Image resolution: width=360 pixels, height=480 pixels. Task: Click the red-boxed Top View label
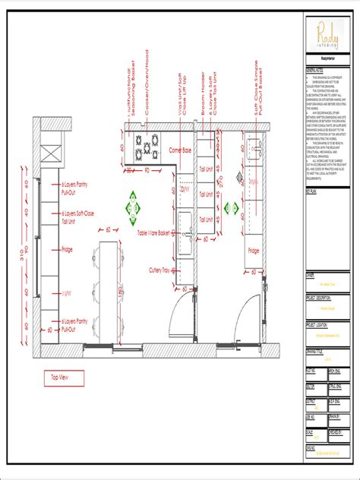coord(63,377)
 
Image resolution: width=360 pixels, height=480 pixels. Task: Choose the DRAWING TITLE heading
coord(317,352)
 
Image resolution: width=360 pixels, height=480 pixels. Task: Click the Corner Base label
coord(180,150)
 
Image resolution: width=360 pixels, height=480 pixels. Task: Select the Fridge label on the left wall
coord(68,248)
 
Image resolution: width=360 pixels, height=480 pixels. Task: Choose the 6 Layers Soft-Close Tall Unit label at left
coord(77,219)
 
